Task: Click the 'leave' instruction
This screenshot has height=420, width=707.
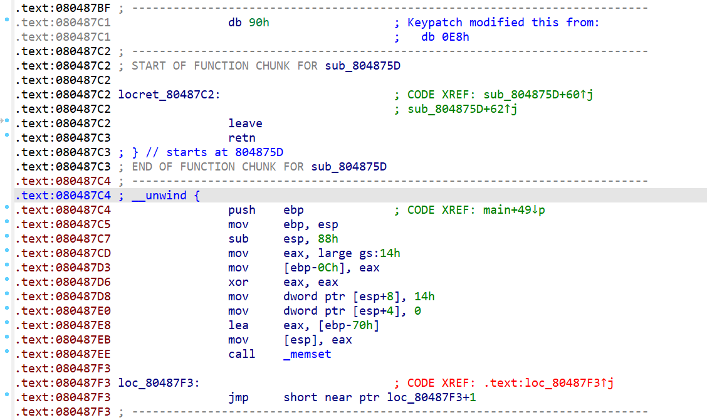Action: click(245, 123)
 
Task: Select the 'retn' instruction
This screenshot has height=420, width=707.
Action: click(242, 138)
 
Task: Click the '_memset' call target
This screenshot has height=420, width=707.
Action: click(307, 354)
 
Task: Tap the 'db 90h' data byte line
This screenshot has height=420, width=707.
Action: click(249, 23)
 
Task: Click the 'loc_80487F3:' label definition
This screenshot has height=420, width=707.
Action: click(159, 383)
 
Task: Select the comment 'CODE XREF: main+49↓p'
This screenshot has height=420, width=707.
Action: click(476, 210)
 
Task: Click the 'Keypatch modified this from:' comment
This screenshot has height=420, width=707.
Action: click(503, 23)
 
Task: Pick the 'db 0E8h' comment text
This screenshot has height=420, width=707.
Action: click(445, 37)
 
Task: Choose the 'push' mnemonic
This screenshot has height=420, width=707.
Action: click(242, 210)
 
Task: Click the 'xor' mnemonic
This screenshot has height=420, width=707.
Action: click(238, 282)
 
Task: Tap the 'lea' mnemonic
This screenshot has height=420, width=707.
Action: click(238, 325)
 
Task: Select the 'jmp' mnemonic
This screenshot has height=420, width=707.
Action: click(238, 397)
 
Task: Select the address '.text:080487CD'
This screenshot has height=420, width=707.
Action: click(63, 253)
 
